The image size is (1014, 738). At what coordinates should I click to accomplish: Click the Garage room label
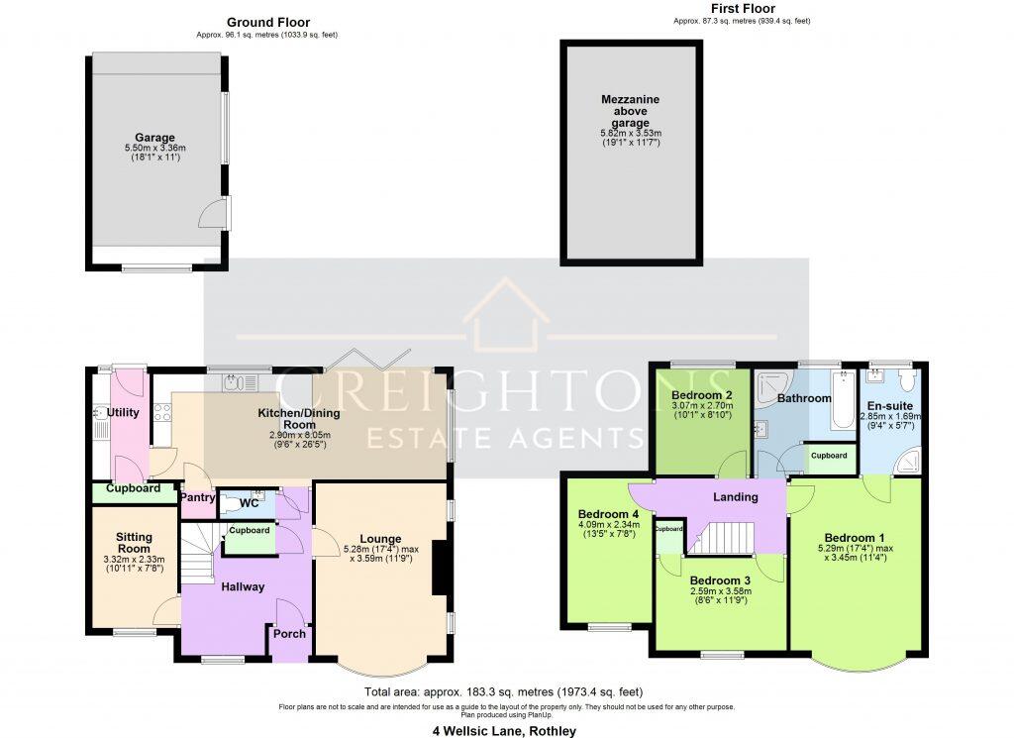pyautogui.click(x=154, y=138)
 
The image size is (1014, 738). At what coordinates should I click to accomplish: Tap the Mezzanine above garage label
pyautogui.click(x=630, y=111)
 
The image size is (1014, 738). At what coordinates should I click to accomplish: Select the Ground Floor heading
pyautogui.click(x=267, y=22)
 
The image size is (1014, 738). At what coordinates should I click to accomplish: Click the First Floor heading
pyautogui.click(x=742, y=8)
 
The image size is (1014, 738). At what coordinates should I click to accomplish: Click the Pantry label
pyautogui.click(x=197, y=497)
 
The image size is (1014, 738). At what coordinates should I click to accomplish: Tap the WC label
pyautogui.click(x=250, y=503)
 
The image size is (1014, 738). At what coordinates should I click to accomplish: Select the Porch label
pyautogui.click(x=289, y=634)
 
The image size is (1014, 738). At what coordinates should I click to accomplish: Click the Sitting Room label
pyautogui.click(x=134, y=542)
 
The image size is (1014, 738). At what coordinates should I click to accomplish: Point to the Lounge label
pyautogui.click(x=380, y=539)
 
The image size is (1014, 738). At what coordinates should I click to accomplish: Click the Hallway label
pyautogui.click(x=243, y=586)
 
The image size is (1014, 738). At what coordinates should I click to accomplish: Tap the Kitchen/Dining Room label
pyautogui.click(x=306, y=418)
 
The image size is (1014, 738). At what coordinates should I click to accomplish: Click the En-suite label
pyautogui.click(x=890, y=405)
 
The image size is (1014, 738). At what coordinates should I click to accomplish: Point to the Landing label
pyautogui.click(x=736, y=496)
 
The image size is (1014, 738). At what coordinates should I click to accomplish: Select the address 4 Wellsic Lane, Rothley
pyautogui.click(x=506, y=731)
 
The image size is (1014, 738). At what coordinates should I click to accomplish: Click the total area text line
pyautogui.click(x=506, y=691)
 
